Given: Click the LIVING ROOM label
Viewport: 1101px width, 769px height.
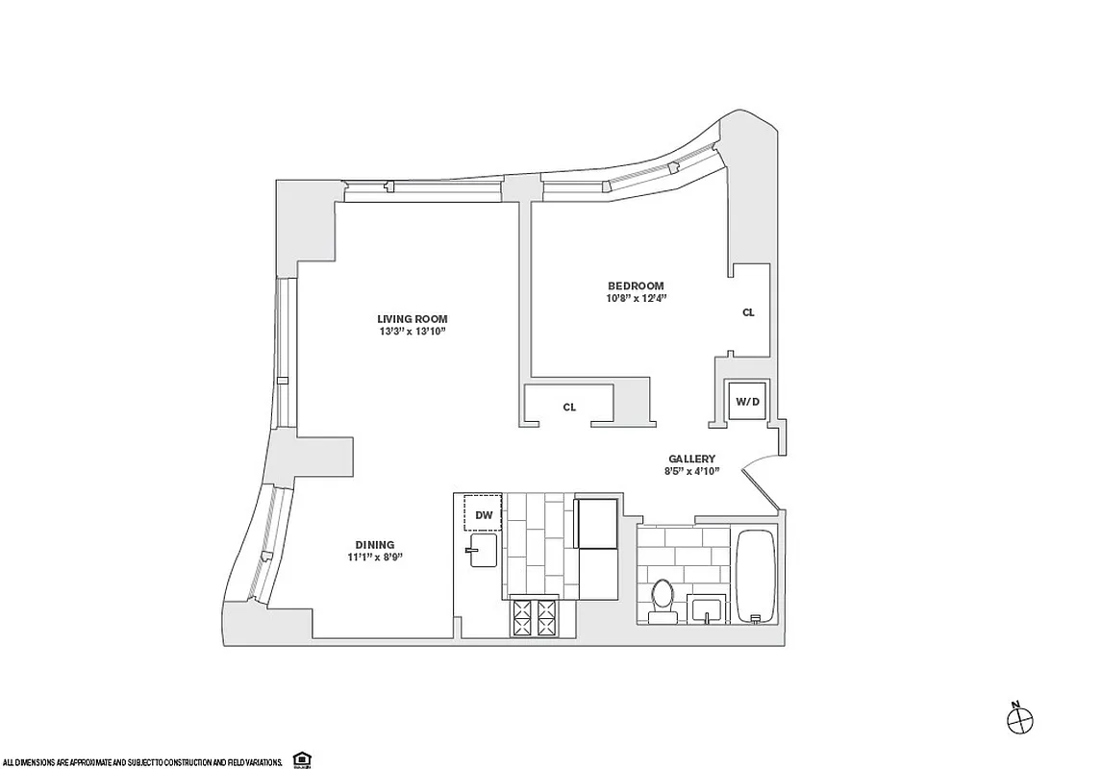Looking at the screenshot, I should tap(412, 319).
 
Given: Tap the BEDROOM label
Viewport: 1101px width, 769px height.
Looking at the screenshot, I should tap(636, 285).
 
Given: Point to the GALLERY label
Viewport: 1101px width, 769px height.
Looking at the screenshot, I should tap(692, 459).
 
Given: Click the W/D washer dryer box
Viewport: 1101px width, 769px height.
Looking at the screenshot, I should tap(748, 401).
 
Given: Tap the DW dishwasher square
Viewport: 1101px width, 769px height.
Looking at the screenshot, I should tap(484, 514).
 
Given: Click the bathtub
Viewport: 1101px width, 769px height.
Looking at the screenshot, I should tap(755, 575).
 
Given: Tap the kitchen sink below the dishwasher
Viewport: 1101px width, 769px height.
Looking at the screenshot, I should tap(482, 550).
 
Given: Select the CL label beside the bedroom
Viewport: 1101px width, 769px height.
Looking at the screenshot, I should tap(748, 312).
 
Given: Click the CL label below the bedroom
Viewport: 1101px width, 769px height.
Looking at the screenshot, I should tap(569, 408).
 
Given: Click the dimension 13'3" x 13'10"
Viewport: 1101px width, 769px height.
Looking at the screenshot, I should tap(412, 332).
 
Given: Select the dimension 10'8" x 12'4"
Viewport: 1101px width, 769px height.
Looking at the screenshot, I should tap(636, 298).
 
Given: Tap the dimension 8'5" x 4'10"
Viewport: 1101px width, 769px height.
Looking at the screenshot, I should tap(692, 472).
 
